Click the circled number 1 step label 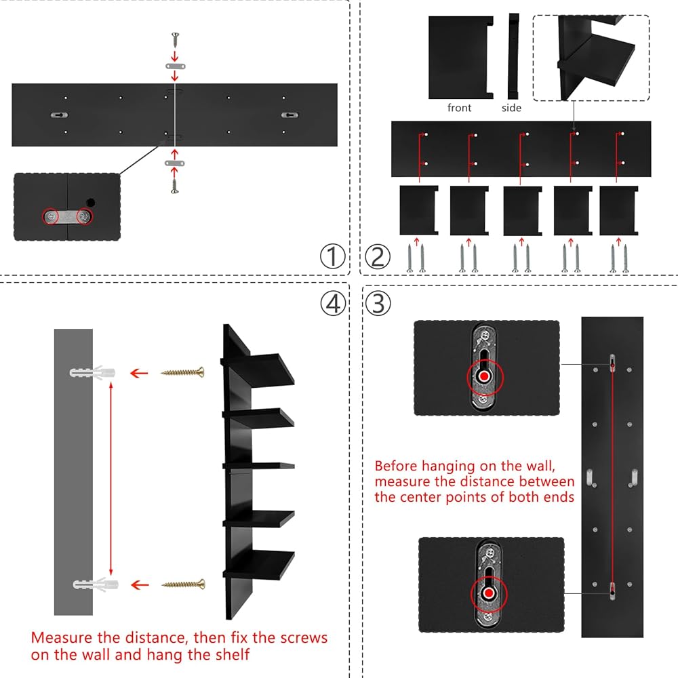[x=332, y=257]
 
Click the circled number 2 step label [x=378, y=257]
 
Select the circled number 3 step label [x=378, y=303]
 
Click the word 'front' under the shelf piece [x=459, y=108]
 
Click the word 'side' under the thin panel [x=511, y=108]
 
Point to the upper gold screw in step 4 [x=182, y=372]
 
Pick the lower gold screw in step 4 [x=182, y=584]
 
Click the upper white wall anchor [x=92, y=372]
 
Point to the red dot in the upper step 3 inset [x=483, y=376]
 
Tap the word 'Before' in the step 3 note [x=397, y=466]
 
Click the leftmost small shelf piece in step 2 [x=419, y=210]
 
